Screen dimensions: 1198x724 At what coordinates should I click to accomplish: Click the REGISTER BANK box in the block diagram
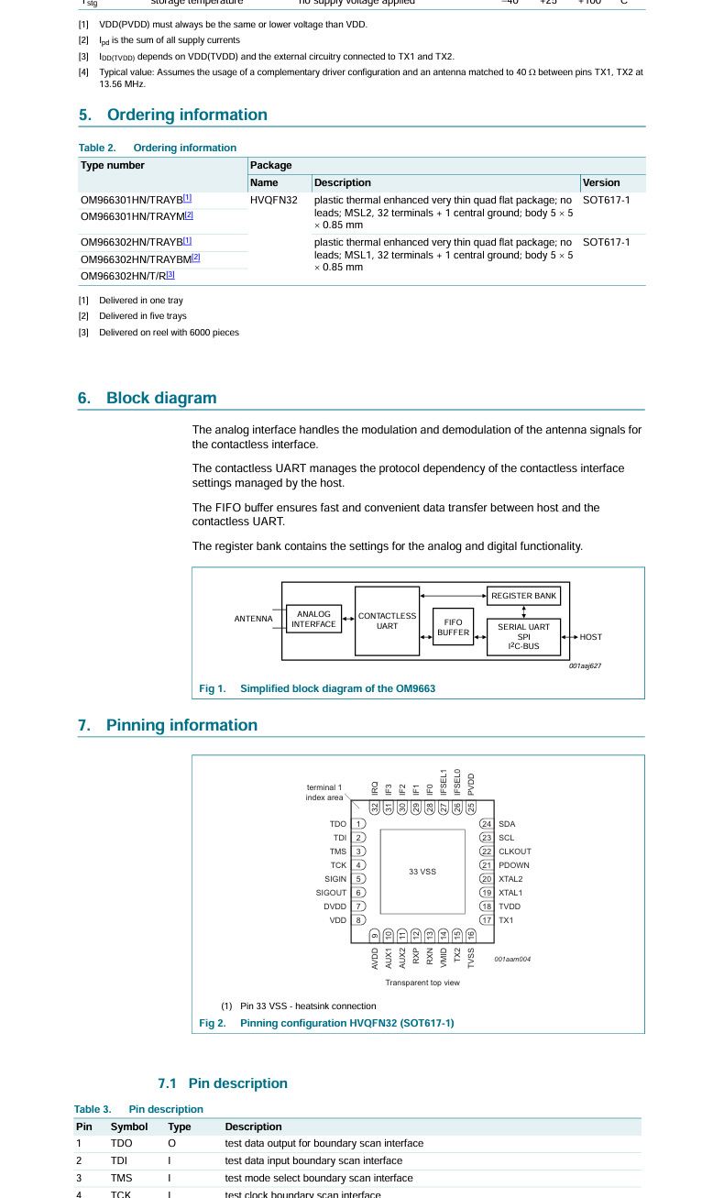[x=523, y=596]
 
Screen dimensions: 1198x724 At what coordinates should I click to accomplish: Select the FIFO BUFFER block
[x=453, y=627]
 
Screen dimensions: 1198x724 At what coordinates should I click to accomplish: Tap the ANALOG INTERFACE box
[x=313, y=619]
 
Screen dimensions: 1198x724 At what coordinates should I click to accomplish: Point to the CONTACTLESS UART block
[x=387, y=621]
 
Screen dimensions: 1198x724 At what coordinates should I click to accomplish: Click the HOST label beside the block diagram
[x=591, y=637]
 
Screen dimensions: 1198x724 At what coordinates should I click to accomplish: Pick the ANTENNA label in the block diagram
[x=253, y=619]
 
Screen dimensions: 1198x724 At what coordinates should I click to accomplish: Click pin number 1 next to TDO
[x=359, y=824]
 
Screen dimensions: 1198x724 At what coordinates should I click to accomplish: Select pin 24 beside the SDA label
[x=487, y=824]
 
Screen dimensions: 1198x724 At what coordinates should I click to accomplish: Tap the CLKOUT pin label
[x=514, y=852]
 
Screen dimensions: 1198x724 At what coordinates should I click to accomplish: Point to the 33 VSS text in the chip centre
[x=422, y=872]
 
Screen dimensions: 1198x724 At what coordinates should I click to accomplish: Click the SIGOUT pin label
[x=331, y=893]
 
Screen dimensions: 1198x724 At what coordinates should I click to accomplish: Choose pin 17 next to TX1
[x=487, y=920]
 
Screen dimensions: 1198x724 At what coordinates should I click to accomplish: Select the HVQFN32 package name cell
[x=273, y=200]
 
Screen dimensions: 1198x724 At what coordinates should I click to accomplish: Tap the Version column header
[x=601, y=182]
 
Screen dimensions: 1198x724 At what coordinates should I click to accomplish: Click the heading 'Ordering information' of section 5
[x=187, y=115]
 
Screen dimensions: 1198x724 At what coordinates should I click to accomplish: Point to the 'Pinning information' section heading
[x=181, y=725]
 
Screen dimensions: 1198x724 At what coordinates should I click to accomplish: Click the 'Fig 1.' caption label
[x=213, y=688]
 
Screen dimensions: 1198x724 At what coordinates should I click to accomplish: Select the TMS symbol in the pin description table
[x=121, y=1178]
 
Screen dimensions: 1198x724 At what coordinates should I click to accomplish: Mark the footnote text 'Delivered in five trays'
[x=142, y=316]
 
